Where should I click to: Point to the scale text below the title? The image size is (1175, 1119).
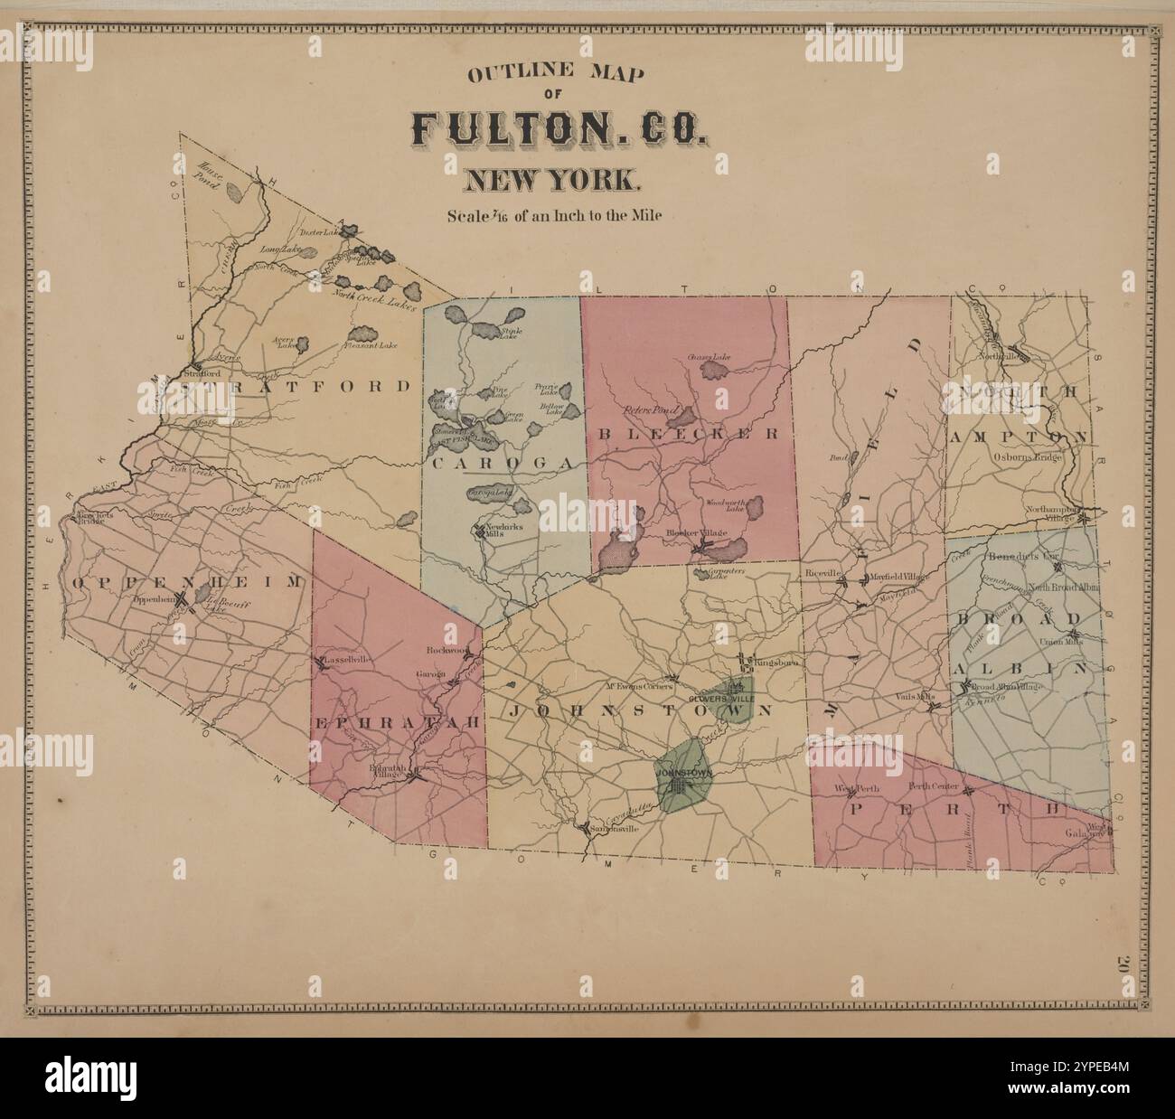(554, 216)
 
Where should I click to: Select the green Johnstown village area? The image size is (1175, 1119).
(685, 776)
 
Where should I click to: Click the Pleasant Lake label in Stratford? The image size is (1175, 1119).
(370, 345)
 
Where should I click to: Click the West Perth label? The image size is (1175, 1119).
(856, 789)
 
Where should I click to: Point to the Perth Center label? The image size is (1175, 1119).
(933, 786)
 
